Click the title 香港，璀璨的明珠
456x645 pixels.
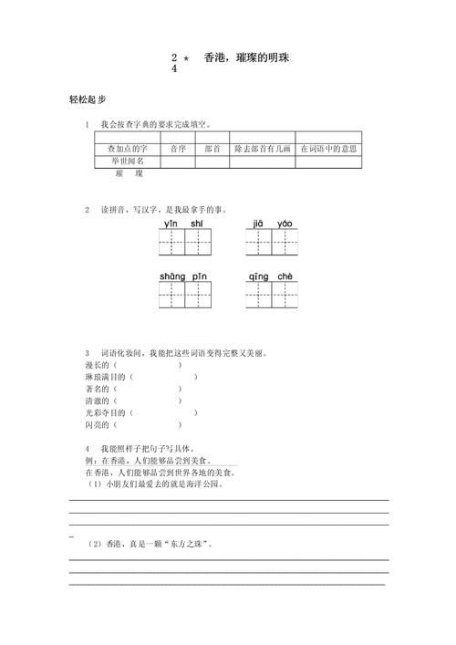coord(248,57)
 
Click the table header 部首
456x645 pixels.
coord(212,149)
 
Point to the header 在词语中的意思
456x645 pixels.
coord(328,149)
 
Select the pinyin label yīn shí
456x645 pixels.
coord(185,224)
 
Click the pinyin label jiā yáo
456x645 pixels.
coord(272,224)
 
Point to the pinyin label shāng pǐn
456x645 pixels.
coord(185,276)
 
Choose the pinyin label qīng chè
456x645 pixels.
coord(272,276)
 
